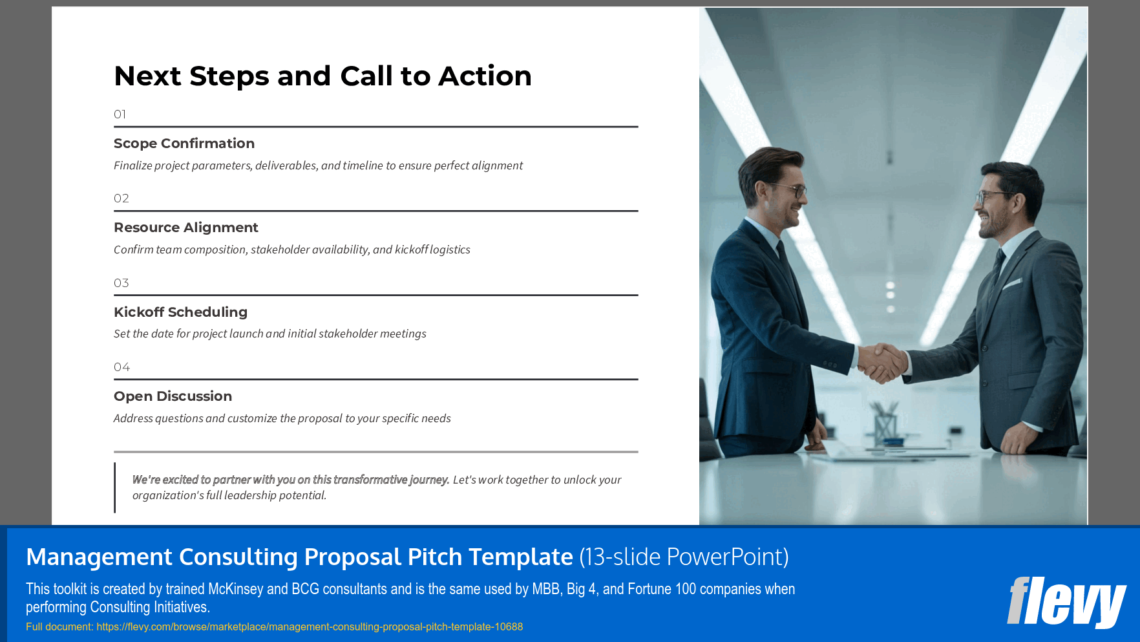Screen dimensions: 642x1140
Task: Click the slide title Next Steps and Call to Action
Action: [322, 76]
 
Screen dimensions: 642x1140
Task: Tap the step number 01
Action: [120, 114]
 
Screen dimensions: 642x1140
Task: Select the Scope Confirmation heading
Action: [184, 144]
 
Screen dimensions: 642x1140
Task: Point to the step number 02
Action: [121, 198]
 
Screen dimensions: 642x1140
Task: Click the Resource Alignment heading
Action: [185, 228]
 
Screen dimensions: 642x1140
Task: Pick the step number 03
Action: [121, 283]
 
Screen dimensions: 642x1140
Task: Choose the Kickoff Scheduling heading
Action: [180, 312]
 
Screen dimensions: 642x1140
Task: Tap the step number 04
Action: [121, 367]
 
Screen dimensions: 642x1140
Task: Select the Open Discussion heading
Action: [173, 396]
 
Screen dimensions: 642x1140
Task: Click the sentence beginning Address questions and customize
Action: [282, 418]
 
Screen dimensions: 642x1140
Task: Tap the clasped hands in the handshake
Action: [881, 362]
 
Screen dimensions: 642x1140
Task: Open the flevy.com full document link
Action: [310, 626]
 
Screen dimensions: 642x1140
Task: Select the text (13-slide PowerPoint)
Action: [684, 557]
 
